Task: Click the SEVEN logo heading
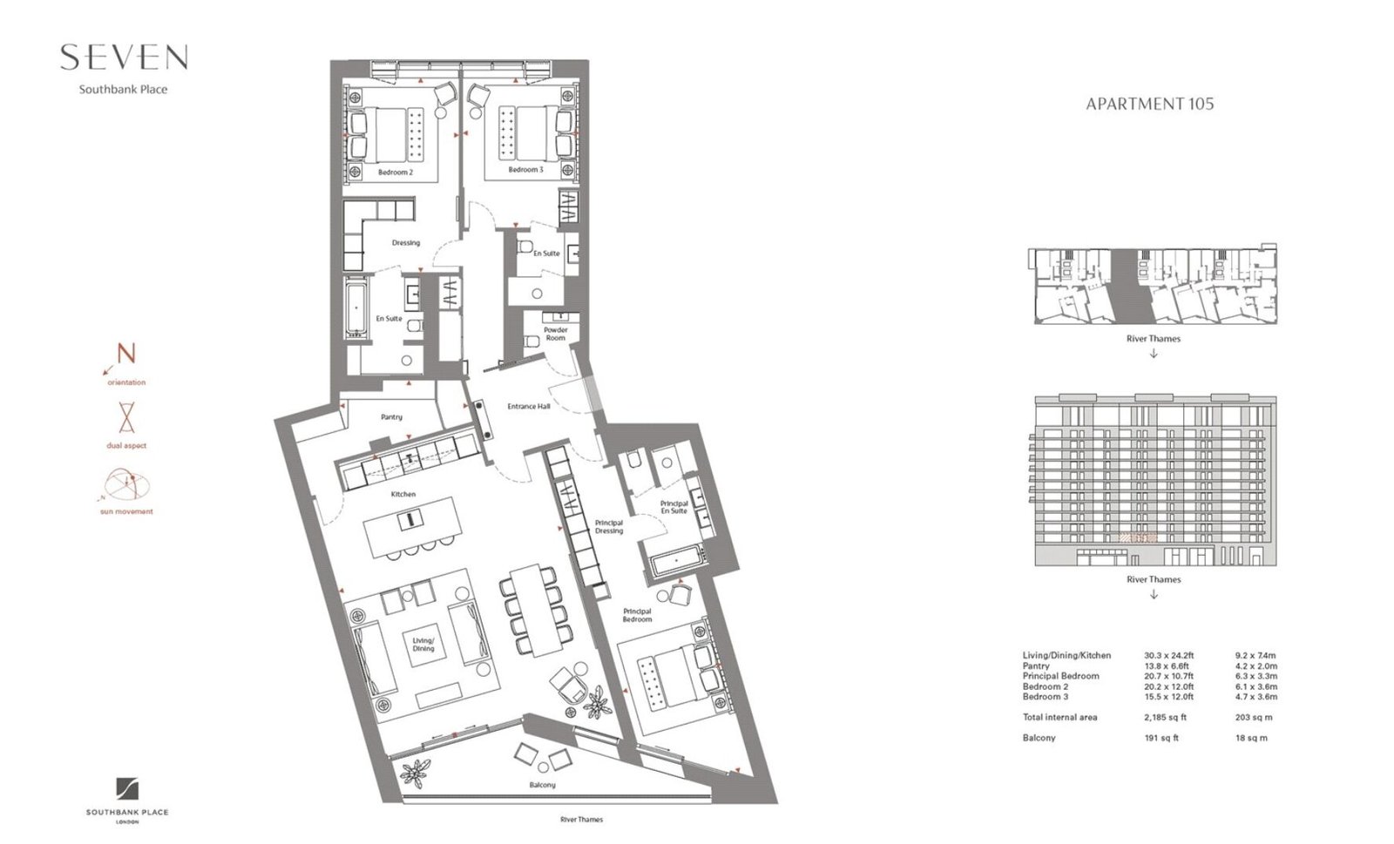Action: (124, 57)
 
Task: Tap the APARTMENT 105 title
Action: (1149, 104)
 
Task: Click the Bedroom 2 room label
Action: (396, 172)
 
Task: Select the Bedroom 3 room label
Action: (526, 170)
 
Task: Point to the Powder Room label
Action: (556, 334)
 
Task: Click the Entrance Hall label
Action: (528, 407)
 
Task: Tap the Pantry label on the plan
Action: (391, 417)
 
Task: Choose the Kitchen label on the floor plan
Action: (403, 495)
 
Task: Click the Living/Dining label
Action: (423, 645)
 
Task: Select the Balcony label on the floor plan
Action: (542, 785)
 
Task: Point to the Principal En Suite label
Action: (674, 507)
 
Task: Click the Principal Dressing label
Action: (609, 527)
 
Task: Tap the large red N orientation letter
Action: (126, 354)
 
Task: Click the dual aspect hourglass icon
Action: (126, 417)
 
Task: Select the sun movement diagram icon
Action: (126, 485)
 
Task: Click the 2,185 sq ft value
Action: (1165, 717)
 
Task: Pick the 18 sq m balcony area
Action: (1251, 739)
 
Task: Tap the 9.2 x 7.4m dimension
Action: (1255, 655)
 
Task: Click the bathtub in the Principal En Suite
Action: (678, 562)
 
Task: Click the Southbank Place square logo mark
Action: (127, 789)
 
